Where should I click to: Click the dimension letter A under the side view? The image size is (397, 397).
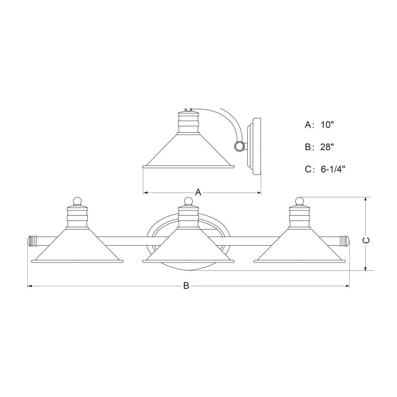198,192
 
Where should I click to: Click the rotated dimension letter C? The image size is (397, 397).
366,240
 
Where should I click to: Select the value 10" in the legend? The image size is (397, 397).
328,125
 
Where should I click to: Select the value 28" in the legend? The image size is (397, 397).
327,147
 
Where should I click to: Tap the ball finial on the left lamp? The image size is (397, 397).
77,202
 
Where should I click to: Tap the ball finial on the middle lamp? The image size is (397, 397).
188,202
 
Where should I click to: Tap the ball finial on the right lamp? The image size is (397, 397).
299,201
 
